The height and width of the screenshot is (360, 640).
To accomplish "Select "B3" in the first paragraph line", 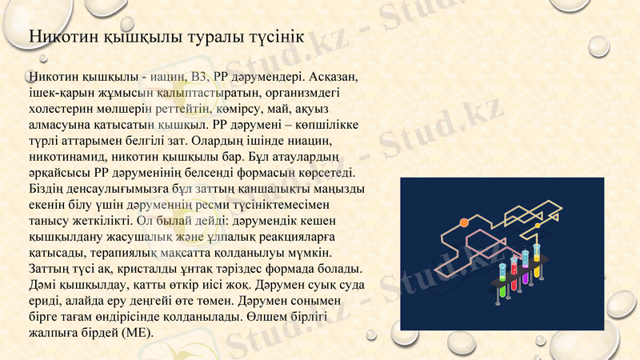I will [202, 77].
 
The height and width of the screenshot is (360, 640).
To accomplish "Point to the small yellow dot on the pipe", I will [538, 226].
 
